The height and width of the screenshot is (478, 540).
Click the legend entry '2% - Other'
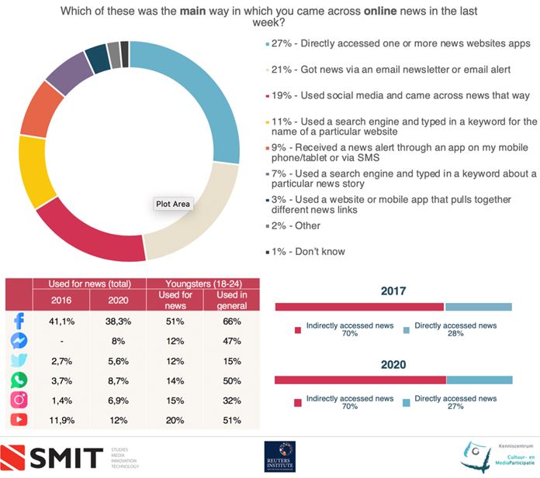coord(292,225)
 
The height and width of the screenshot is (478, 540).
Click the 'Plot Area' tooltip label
coord(172,205)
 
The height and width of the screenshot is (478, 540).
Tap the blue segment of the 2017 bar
coord(478,307)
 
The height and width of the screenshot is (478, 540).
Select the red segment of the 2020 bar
coord(360,380)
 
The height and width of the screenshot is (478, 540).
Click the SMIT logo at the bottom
coord(54,457)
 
